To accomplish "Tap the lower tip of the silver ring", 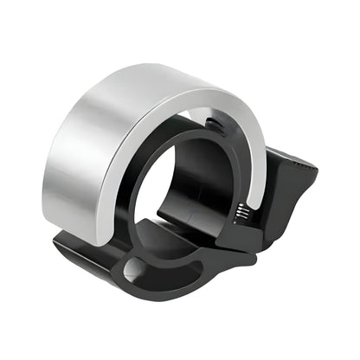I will (x=250, y=227).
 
